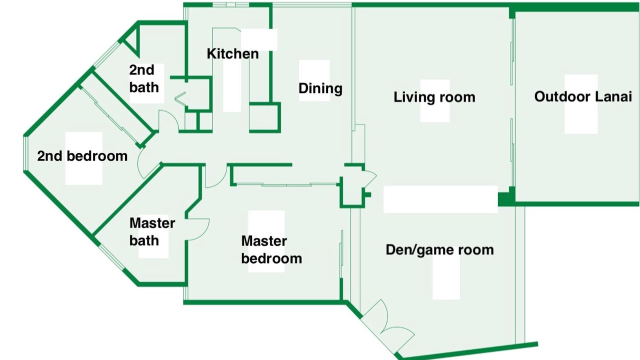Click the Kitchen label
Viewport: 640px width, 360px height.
tap(232, 53)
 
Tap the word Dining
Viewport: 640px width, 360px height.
tap(320, 88)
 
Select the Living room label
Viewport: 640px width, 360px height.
tap(434, 97)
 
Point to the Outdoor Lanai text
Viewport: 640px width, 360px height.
tap(583, 96)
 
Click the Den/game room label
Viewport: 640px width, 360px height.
tap(439, 249)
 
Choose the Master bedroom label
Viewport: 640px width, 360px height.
tap(271, 249)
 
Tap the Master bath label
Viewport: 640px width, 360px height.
tap(152, 231)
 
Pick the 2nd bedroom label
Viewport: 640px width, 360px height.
tap(82, 156)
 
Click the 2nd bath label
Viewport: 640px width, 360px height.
tap(143, 78)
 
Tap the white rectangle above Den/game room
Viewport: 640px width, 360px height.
tap(440, 199)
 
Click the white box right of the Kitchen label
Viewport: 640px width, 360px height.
tap(259, 39)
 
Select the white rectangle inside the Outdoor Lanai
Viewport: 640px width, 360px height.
tap(581, 104)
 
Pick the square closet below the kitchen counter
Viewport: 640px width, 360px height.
tap(264, 117)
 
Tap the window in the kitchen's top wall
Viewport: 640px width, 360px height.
tap(231, 5)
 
